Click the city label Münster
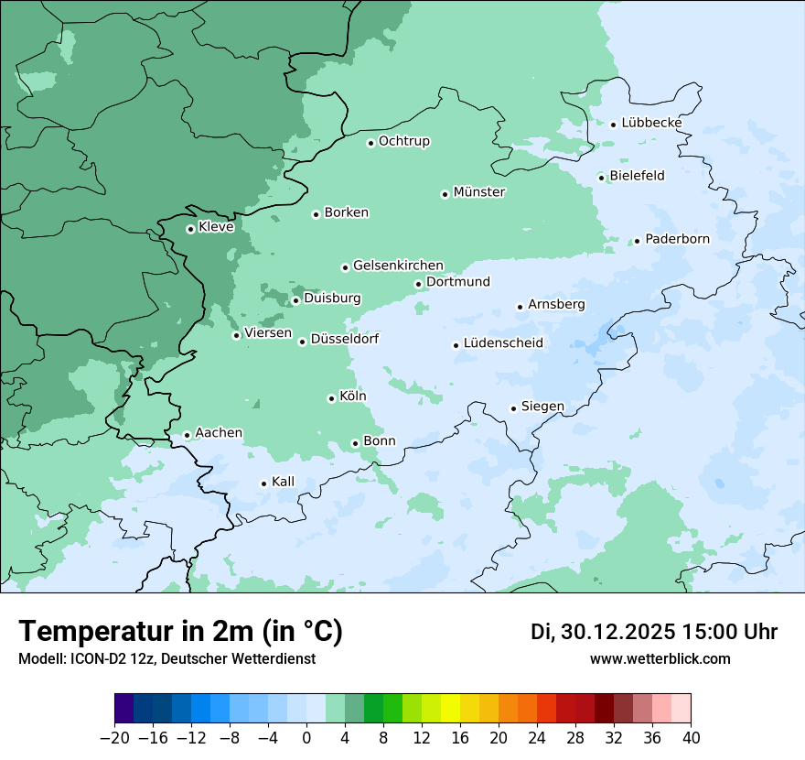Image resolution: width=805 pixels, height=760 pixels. point(479,192)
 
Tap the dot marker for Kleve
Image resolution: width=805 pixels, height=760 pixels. point(190,229)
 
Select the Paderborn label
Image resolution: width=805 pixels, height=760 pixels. point(677,239)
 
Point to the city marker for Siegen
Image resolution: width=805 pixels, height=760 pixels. point(513,408)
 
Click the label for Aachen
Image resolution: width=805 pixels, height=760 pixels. point(219,433)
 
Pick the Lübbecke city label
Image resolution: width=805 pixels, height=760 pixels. point(651,123)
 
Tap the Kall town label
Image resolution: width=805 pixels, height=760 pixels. point(284,482)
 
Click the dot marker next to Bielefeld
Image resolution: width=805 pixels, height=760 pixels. point(601,178)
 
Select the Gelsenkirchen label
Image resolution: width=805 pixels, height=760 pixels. point(398,266)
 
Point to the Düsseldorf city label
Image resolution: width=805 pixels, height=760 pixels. point(345,339)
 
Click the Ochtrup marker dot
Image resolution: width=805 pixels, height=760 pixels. point(370,143)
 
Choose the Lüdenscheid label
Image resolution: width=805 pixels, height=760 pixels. point(503,343)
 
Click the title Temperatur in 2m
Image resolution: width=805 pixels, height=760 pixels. point(180,632)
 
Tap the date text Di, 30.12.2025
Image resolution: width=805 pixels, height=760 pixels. point(603,632)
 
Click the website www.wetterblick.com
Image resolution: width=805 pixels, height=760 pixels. point(660,659)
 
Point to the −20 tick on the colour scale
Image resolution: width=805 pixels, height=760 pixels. point(115,738)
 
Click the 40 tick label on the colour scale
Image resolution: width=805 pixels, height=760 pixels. point(691,738)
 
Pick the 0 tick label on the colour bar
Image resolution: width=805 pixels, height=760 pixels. point(306,738)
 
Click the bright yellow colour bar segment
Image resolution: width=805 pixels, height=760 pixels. point(450,709)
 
